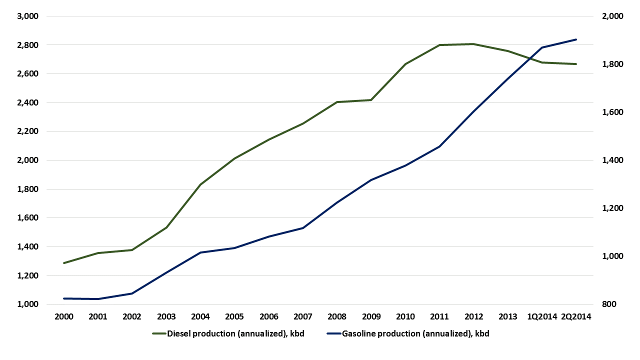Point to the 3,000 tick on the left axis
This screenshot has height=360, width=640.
point(28,16)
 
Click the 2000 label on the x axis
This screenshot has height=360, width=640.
point(63,316)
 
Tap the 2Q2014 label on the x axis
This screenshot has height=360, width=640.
point(576,316)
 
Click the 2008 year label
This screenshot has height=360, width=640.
point(337,316)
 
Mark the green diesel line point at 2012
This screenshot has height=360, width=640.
point(473,44)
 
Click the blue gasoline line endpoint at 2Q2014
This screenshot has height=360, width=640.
point(576,39)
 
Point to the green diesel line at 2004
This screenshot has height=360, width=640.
point(200,184)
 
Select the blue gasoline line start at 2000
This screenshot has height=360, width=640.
point(64,298)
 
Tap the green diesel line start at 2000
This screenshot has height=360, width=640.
point(64,263)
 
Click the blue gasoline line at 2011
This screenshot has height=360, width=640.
point(439,146)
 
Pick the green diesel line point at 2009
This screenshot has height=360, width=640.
point(371,100)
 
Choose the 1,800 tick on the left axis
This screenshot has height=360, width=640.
point(28,189)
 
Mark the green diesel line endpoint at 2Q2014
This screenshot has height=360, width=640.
point(576,64)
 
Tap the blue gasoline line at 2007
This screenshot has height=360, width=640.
point(303,228)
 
